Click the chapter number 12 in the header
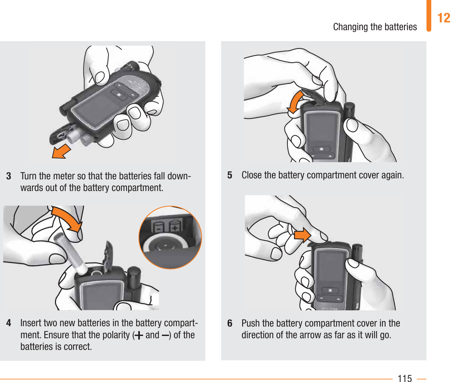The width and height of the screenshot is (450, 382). [x=444, y=18]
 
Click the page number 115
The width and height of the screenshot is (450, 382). [x=405, y=378]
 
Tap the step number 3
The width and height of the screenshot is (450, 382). [x=9, y=176]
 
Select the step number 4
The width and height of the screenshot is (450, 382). [x=9, y=323]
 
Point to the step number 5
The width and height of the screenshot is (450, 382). [x=230, y=175]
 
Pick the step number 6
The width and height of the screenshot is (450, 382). [x=230, y=323]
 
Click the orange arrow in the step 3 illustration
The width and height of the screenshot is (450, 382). [x=62, y=151]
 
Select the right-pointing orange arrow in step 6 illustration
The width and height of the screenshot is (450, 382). [x=302, y=235]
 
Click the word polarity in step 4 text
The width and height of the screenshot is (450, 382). [x=116, y=335]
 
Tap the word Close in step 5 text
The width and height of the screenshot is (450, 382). [x=252, y=175]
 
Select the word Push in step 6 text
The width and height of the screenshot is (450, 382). [x=251, y=323]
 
